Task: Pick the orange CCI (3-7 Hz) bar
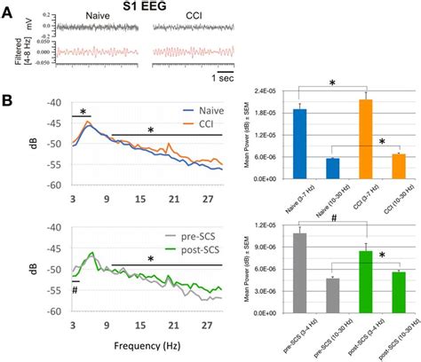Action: coord(366,138)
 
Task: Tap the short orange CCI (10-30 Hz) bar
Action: coord(399,166)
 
